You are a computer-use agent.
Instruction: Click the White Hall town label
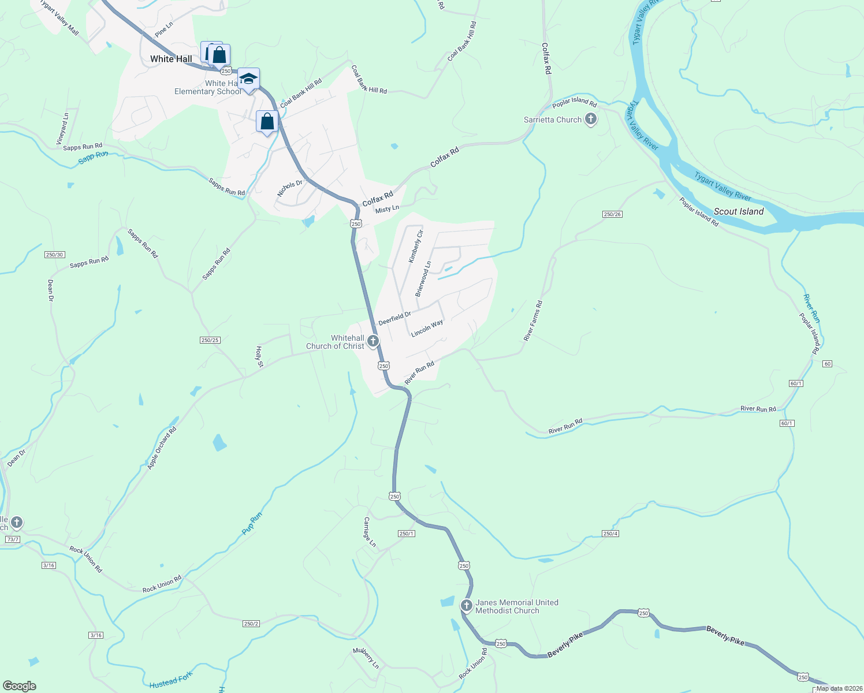tap(171, 59)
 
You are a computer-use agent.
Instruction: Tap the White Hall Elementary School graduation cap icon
tap(248, 79)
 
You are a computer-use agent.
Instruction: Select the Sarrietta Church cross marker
tap(590, 120)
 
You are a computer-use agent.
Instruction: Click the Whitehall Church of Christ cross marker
tap(373, 341)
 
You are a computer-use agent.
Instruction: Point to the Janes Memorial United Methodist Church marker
tap(467, 606)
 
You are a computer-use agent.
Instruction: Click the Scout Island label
tap(739, 211)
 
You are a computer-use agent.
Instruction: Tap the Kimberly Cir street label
tap(416, 247)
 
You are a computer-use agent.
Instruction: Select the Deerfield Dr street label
tap(394, 318)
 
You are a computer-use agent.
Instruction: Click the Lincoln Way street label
tap(427, 328)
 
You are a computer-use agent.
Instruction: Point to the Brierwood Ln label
tap(423, 279)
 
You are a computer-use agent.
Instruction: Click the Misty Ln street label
tap(387, 209)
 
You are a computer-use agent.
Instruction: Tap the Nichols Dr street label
tap(289, 188)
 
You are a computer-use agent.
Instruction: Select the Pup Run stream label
tap(252, 523)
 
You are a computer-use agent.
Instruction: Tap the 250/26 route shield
tap(612, 214)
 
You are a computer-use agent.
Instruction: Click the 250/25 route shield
tap(210, 340)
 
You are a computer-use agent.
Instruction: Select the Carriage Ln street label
tap(370, 532)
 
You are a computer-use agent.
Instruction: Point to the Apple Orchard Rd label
tap(162, 448)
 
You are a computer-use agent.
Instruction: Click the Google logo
tap(19, 686)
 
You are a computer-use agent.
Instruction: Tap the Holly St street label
tap(259, 357)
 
